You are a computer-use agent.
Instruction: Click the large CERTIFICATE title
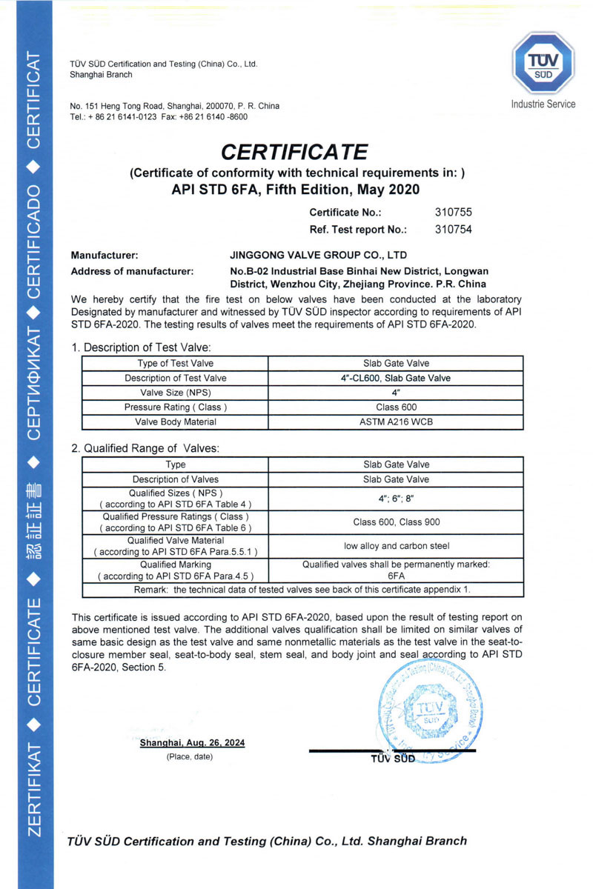295,152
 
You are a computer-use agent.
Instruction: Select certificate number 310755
452,213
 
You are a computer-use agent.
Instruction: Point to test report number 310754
452,229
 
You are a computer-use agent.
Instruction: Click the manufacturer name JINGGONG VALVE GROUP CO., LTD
319,255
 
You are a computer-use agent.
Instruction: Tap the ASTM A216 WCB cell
396,422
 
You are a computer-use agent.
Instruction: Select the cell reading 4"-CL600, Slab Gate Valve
396,378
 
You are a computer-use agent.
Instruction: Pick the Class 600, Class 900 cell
396,522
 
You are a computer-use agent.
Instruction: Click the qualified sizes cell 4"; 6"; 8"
396,499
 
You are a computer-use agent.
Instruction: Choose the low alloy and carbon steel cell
396,546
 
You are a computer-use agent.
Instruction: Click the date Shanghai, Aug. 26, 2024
192,742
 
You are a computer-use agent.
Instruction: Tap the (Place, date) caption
190,756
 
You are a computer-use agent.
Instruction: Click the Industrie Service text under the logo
543,104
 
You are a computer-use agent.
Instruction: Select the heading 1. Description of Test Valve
141,347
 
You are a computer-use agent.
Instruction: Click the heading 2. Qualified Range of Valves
145,448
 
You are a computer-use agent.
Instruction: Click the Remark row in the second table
302,590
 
